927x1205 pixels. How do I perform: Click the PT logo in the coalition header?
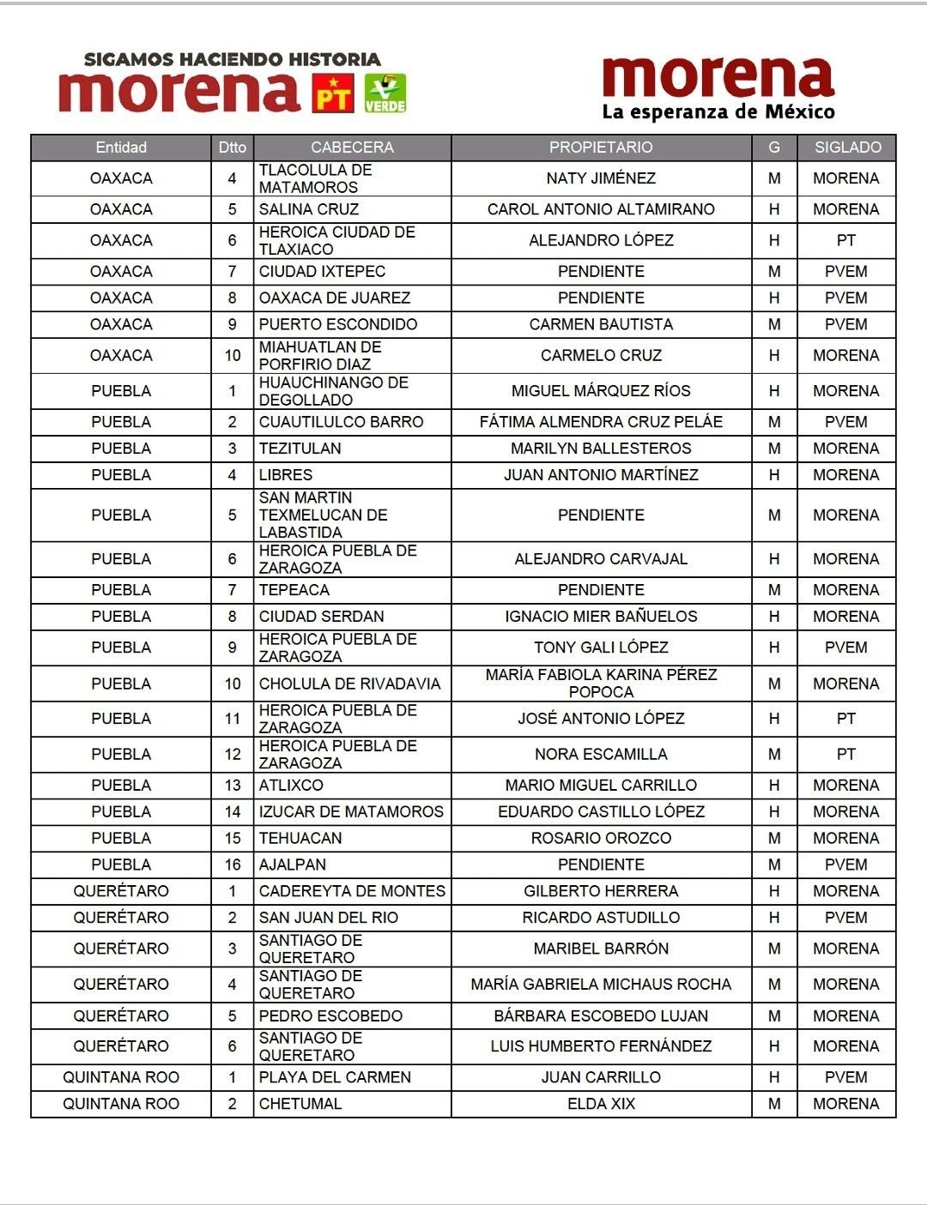(332, 93)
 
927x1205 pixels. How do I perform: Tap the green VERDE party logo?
(385, 93)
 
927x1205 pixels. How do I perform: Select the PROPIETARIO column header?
(601, 148)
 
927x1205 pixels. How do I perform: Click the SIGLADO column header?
(847, 148)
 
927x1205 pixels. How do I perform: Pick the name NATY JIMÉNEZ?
(601, 178)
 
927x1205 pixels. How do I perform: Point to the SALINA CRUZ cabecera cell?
(309, 209)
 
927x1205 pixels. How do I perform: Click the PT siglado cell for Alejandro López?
(846, 240)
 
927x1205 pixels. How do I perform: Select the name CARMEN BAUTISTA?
(601, 324)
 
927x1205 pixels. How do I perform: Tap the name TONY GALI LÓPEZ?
(601, 648)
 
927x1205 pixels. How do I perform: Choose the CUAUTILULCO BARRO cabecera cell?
(342, 422)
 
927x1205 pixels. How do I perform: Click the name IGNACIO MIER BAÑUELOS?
(601, 616)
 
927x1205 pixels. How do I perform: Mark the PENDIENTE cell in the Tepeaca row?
(601, 589)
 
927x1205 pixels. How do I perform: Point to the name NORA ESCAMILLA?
(601, 754)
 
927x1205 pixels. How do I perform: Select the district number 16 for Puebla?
(233, 865)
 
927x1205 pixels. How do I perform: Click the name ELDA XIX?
(601, 1104)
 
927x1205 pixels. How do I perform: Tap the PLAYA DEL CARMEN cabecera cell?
(335, 1077)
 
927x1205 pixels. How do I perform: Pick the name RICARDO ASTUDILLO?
(601, 918)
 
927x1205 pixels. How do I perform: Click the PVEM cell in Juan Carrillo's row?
(846, 1077)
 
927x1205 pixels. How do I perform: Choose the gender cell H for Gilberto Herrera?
(774, 891)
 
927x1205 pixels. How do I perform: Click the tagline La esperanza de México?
(718, 112)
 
